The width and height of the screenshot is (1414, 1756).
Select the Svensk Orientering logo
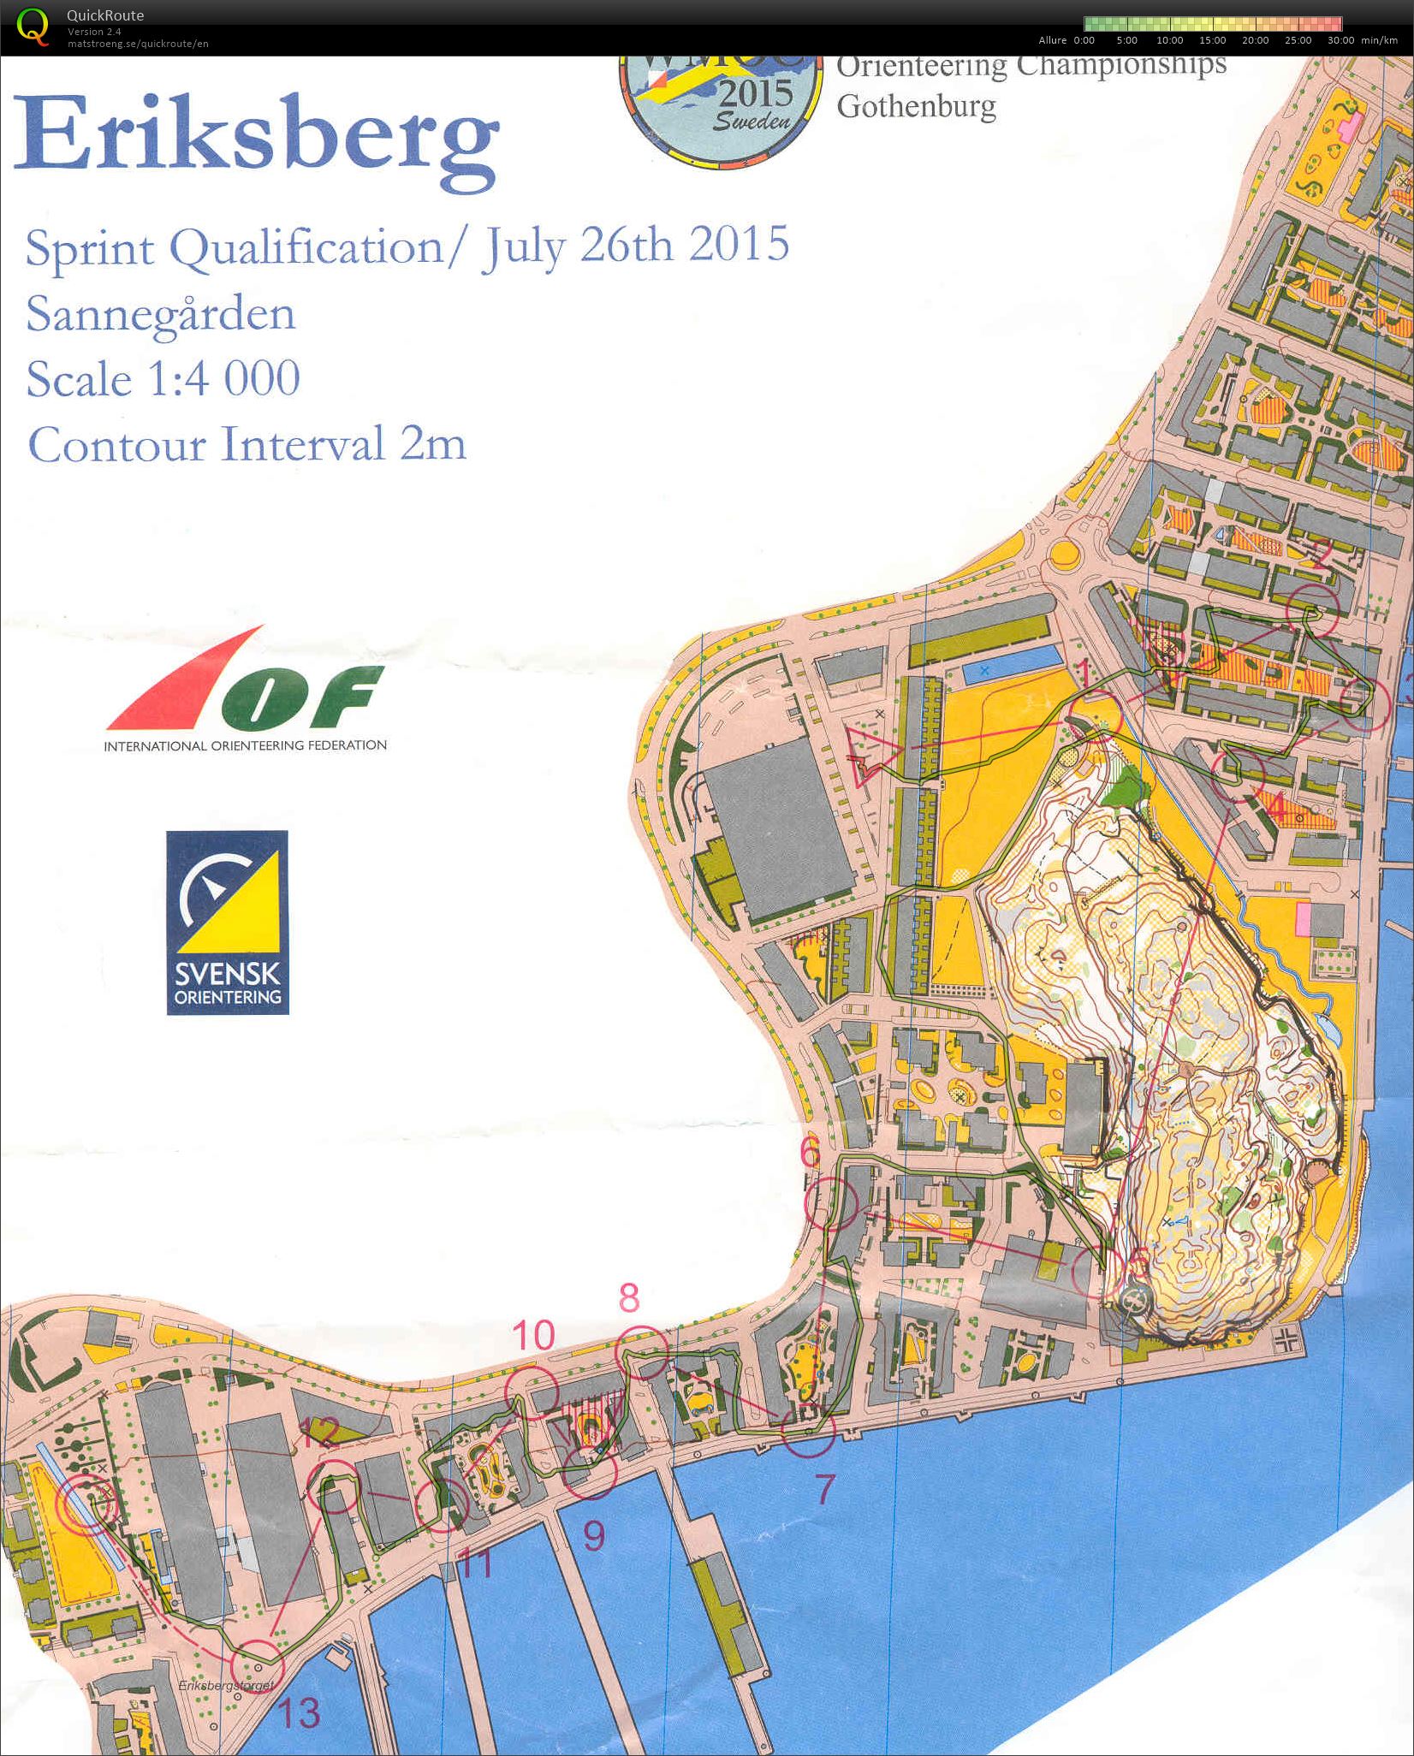(228, 922)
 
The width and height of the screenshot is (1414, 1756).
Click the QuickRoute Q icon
(33, 26)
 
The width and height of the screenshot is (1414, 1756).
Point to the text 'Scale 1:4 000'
(163, 378)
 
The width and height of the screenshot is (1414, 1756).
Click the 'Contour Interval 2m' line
(247, 444)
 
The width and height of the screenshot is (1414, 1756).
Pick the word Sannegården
(161, 314)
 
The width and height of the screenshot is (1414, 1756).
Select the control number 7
(823, 1490)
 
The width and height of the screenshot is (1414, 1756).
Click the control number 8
(629, 1298)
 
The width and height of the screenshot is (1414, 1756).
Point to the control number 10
(533, 1334)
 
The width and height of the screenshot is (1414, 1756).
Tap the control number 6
(810, 1153)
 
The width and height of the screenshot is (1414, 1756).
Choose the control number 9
(594, 1536)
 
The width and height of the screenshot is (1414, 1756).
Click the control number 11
(475, 1563)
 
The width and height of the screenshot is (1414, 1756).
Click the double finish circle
(86, 1504)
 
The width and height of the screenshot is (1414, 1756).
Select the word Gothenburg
(916, 107)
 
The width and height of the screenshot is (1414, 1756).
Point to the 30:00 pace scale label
(1340, 40)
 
